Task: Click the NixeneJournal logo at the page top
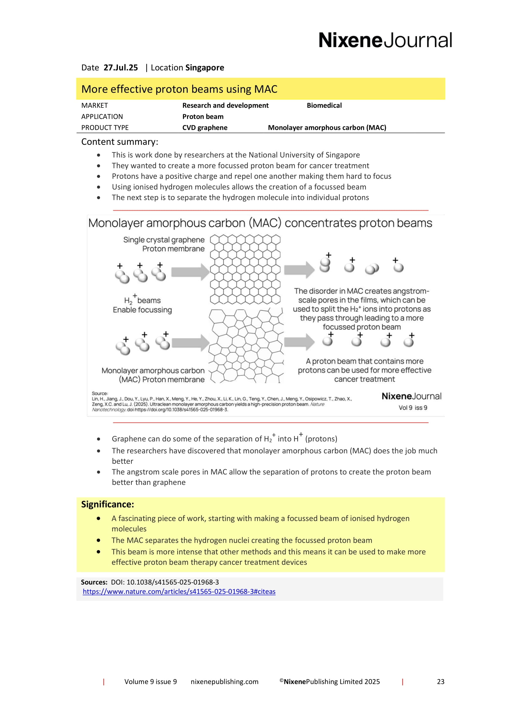pyautogui.click(x=385, y=40)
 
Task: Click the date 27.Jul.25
pyautogui.click(x=121, y=68)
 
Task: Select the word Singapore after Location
pyautogui.click(x=204, y=68)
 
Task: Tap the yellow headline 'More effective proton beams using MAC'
pyautogui.click(x=179, y=89)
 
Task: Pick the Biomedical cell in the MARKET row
pyautogui.click(x=324, y=105)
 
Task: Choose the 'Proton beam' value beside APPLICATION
pyautogui.click(x=203, y=117)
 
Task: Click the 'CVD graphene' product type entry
pyautogui.click(x=204, y=128)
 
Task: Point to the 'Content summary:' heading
pyautogui.click(x=120, y=142)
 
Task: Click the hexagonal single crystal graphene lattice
pyautogui.click(x=245, y=269)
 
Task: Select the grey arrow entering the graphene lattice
pyautogui.click(x=190, y=272)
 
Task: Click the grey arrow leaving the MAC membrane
pyautogui.click(x=299, y=342)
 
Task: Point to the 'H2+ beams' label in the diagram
pyautogui.click(x=142, y=300)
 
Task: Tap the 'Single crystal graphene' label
pyautogui.click(x=164, y=240)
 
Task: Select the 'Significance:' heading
pyautogui.click(x=107, y=504)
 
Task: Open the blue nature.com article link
pyautogui.click(x=179, y=592)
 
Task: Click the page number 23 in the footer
pyautogui.click(x=440, y=682)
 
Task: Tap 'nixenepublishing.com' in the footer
pyautogui.click(x=224, y=682)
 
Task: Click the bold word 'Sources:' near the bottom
pyautogui.click(x=94, y=582)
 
